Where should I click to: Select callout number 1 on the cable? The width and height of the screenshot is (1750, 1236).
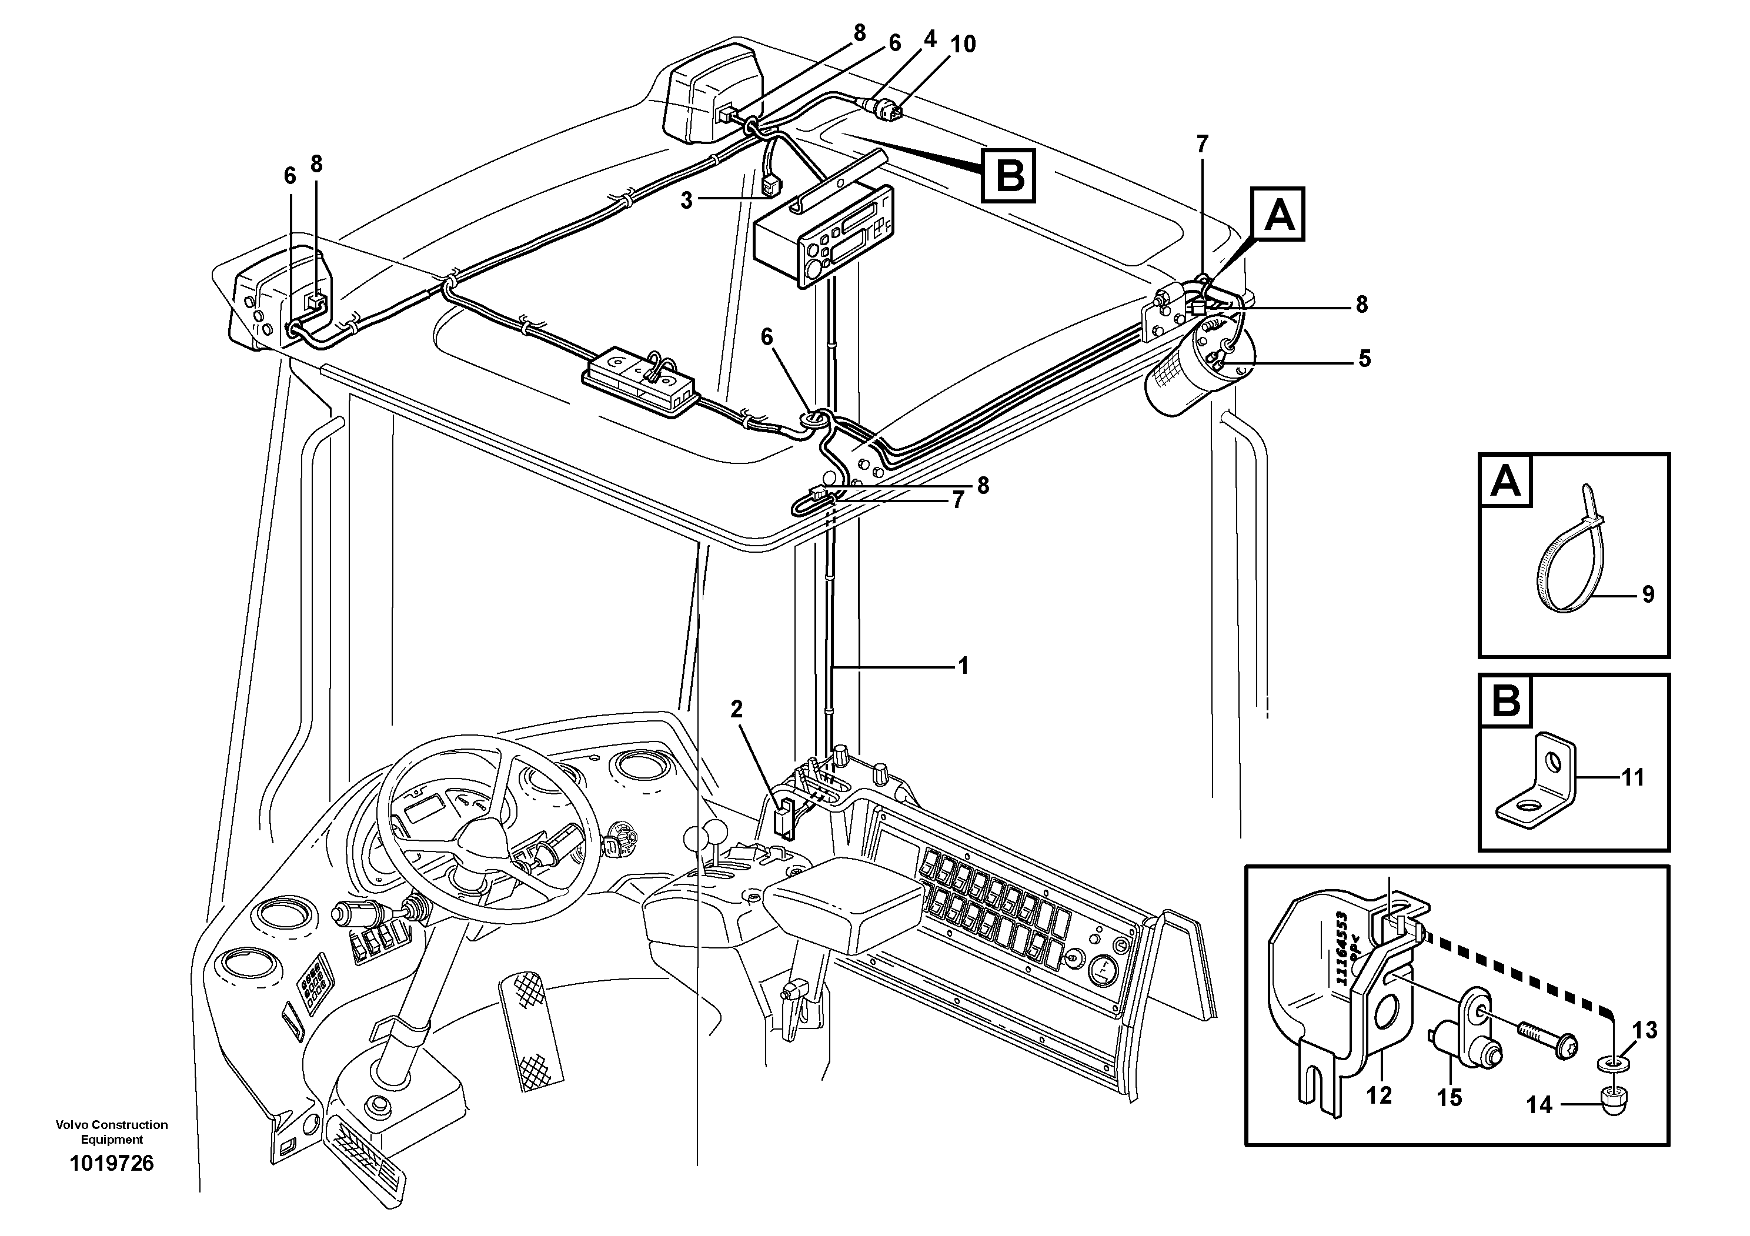click(x=963, y=666)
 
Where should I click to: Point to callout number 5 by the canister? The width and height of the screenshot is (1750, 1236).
click(x=1364, y=358)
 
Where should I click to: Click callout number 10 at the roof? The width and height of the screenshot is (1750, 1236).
click(x=963, y=44)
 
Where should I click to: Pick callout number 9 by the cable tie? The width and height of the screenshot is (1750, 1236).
click(x=1648, y=594)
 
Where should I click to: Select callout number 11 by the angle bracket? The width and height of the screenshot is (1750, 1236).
click(x=1632, y=777)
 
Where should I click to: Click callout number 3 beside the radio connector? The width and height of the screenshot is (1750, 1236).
click(x=686, y=201)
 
